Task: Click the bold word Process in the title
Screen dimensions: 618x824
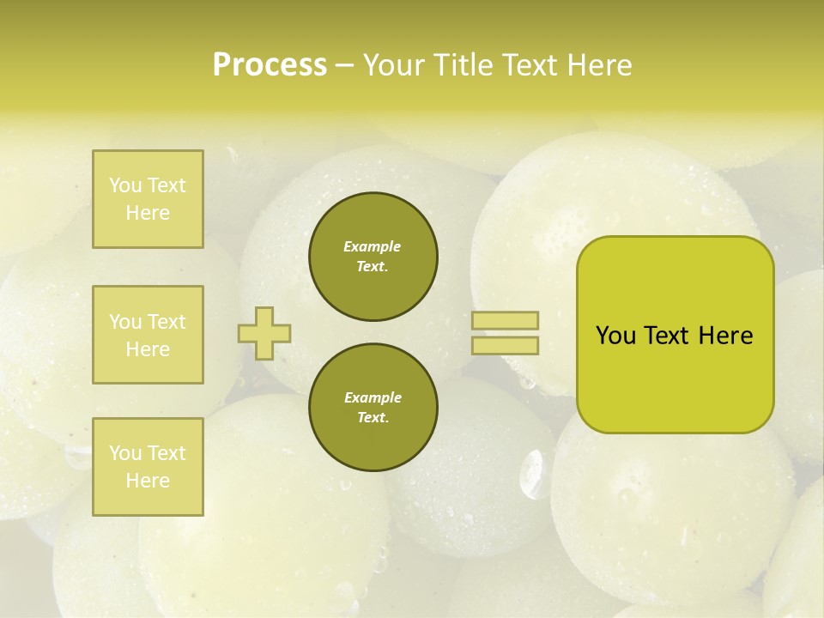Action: (270, 65)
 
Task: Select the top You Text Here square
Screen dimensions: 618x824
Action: (148, 199)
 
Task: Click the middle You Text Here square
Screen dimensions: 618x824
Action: (148, 335)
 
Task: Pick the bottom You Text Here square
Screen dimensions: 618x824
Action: (148, 467)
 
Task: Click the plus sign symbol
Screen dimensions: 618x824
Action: (264, 333)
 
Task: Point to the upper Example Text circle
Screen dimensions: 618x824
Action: (373, 257)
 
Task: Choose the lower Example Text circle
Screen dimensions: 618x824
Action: (373, 408)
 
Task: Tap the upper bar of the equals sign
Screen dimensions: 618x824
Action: (506, 320)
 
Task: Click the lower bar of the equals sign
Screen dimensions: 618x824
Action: (506, 345)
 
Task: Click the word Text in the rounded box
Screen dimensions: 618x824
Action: (668, 336)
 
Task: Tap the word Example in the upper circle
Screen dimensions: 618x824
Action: (372, 246)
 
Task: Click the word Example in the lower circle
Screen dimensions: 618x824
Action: (373, 397)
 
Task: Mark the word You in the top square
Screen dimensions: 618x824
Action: (125, 185)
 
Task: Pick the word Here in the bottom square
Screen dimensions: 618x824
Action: (148, 481)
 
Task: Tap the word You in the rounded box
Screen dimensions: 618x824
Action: (615, 336)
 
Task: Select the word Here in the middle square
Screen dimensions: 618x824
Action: (148, 349)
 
